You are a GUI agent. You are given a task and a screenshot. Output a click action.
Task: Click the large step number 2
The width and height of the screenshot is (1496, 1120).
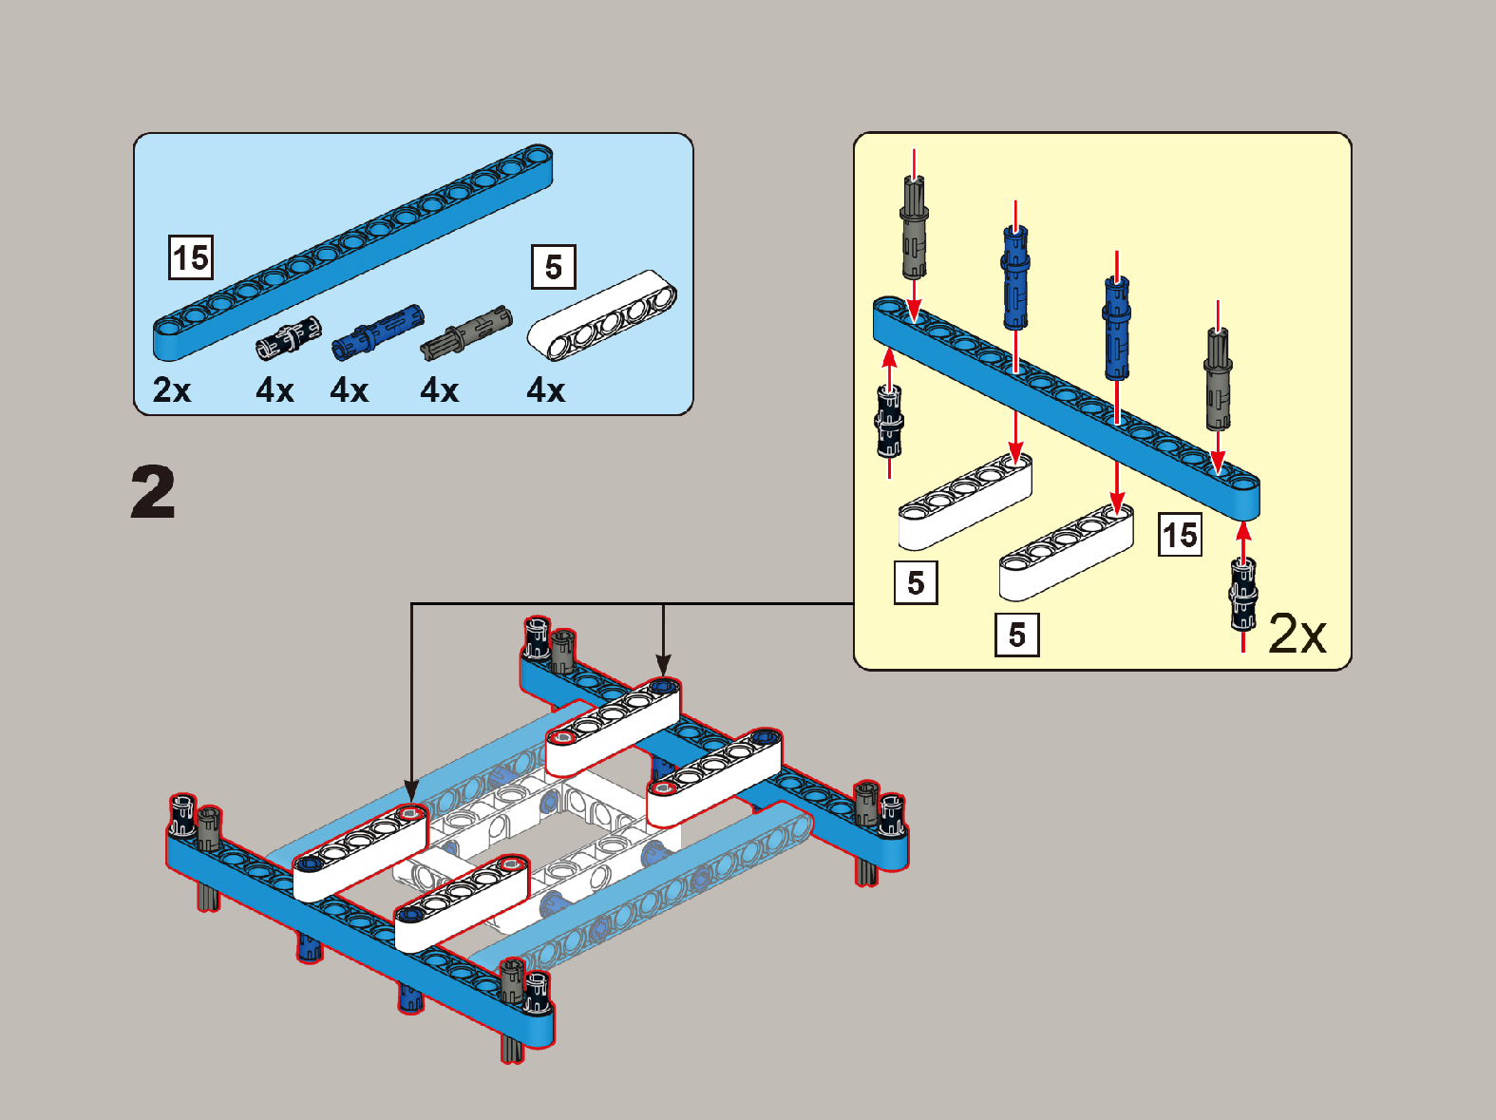pos(153,491)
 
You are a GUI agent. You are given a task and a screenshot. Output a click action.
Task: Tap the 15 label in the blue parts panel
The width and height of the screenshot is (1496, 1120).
pos(191,257)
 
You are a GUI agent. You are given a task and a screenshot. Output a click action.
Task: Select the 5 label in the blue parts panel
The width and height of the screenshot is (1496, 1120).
pos(554,267)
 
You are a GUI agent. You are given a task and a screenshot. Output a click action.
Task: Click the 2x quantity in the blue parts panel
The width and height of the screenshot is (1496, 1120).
pos(172,389)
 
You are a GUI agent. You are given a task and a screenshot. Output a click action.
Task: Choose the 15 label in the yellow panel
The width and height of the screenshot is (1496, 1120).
pos(1180,535)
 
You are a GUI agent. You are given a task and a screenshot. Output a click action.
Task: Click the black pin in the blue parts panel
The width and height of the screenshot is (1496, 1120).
pos(288,337)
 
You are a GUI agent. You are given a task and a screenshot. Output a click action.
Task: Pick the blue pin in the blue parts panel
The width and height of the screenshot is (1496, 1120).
pos(378,332)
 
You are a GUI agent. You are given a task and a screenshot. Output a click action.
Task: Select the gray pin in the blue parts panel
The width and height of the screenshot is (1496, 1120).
pos(466,332)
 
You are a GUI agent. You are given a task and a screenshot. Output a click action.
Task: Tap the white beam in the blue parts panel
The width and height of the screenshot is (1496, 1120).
pos(602,315)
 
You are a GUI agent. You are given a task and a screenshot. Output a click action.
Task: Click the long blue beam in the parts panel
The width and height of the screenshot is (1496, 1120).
pos(353,253)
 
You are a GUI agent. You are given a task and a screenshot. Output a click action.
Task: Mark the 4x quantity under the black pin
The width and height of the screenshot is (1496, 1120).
pos(275,390)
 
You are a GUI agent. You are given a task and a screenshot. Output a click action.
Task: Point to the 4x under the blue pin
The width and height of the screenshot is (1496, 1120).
pos(349,390)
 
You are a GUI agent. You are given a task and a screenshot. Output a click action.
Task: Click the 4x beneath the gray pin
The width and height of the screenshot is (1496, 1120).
pos(440,390)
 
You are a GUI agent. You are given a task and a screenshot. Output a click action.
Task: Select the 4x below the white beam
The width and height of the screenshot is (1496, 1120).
pos(546,390)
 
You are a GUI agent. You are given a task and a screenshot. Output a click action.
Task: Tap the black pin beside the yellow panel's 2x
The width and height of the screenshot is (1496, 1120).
pos(1243,594)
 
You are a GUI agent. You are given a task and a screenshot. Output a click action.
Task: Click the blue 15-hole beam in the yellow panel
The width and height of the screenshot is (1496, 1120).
pos(1067,408)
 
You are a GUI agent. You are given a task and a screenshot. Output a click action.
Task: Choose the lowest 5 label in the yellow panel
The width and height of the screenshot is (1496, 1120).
pos(1017,635)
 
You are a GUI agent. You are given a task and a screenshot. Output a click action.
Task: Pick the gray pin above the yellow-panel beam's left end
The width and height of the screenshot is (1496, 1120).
pos(914,228)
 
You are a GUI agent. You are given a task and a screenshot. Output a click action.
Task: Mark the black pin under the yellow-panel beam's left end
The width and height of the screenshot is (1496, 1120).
pos(889,421)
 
